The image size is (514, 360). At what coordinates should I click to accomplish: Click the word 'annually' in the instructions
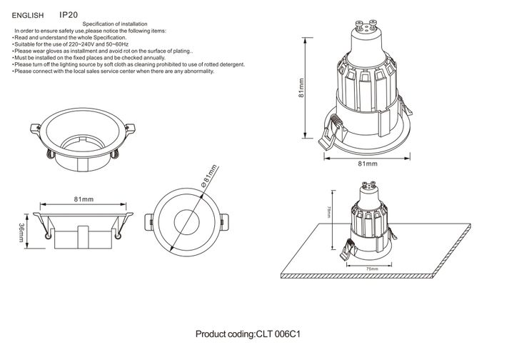pos(173,58)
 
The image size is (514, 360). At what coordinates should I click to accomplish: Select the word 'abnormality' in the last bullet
pos(196,71)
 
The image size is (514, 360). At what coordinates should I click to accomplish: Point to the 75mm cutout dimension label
pos(371,269)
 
